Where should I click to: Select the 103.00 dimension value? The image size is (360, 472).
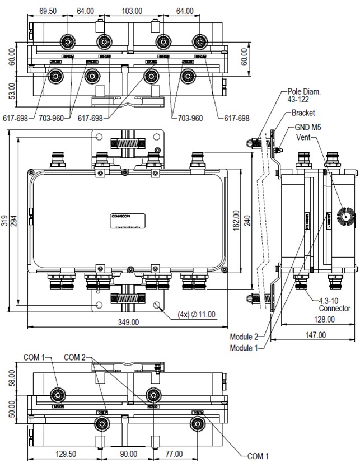pyautogui.click(x=132, y=11)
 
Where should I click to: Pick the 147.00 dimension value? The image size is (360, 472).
pyautogui.click(x=316, y=335)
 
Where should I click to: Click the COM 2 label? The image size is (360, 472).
pyautogui.click(x=75, y=357)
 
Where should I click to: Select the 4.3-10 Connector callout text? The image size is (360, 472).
pyautogui.click(x=334, y=304)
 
